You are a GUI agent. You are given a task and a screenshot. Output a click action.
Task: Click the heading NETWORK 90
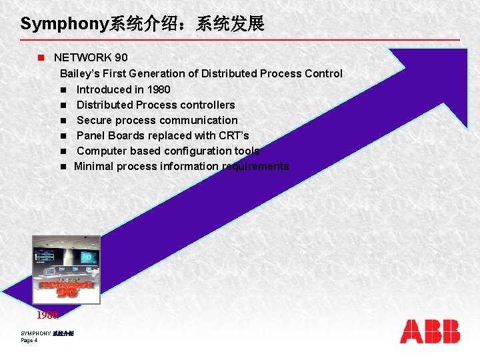click(x=91, y=58)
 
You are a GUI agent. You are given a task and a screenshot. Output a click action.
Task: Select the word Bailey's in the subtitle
click(x=81, y=74)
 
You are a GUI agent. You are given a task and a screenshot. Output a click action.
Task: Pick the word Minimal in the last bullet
click(x=95, y=166)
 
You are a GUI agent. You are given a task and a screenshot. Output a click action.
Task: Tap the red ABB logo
click(x=430, y=331)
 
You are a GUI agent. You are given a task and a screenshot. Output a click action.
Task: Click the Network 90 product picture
click(x=67, y=269)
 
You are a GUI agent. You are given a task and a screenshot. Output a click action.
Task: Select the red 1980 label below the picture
click(x=47, y=315)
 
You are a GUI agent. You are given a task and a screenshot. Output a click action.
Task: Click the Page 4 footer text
click(x=29, y=340)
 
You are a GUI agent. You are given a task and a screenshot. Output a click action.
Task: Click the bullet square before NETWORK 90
click(x=41, y=58)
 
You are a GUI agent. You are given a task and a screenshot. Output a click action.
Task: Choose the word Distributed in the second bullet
click(x=104, y=105)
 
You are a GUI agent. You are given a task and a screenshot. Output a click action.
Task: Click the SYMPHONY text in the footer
click(x=36, y=333)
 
